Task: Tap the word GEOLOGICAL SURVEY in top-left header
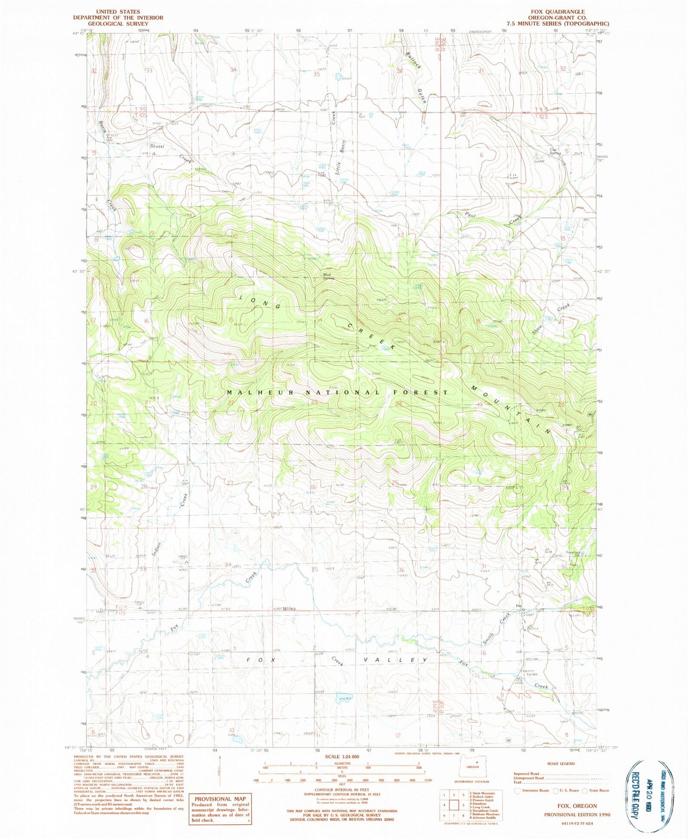118,24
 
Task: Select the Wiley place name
289,608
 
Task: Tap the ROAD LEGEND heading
561,763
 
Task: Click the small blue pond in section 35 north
338,76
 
